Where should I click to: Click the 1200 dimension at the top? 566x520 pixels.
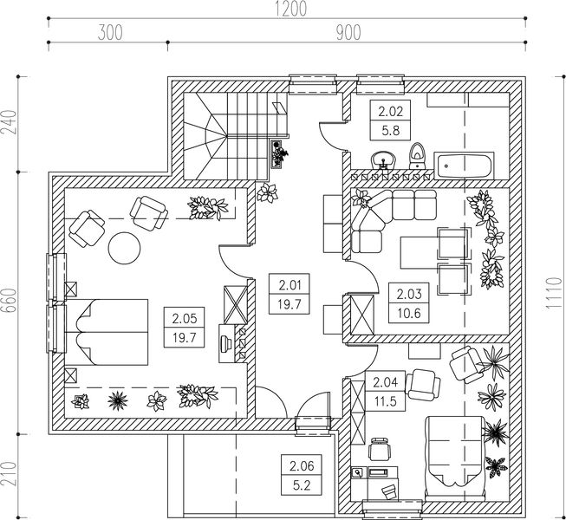click(291, 9)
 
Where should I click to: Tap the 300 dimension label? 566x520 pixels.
click(110, 32)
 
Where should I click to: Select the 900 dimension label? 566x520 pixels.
click(348, 32)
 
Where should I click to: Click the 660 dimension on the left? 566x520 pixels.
click(10, 302)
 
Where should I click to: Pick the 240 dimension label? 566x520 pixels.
click(10, 122)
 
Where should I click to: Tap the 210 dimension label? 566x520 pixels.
click(10, 473)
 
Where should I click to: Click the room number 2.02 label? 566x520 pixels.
click(390, 111)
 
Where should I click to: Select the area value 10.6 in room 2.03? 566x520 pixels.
click(409, 313)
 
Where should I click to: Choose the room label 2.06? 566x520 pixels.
click(302, 465)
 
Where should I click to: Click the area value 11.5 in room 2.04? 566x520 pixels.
click(385, 401)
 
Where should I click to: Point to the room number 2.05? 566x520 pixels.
click(184, 318)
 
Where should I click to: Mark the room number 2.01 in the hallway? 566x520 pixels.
click(290, 285)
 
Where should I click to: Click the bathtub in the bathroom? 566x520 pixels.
click(464, 166)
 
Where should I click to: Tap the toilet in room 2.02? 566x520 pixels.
click(418, 156)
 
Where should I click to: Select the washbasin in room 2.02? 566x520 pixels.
click(383, 159)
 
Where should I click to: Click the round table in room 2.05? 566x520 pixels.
click(125, 248)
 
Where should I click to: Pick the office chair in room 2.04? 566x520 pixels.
click(380, 449)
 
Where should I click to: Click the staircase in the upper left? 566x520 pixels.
click(235, 136)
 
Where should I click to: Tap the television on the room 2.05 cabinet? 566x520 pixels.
click(226, 342)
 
